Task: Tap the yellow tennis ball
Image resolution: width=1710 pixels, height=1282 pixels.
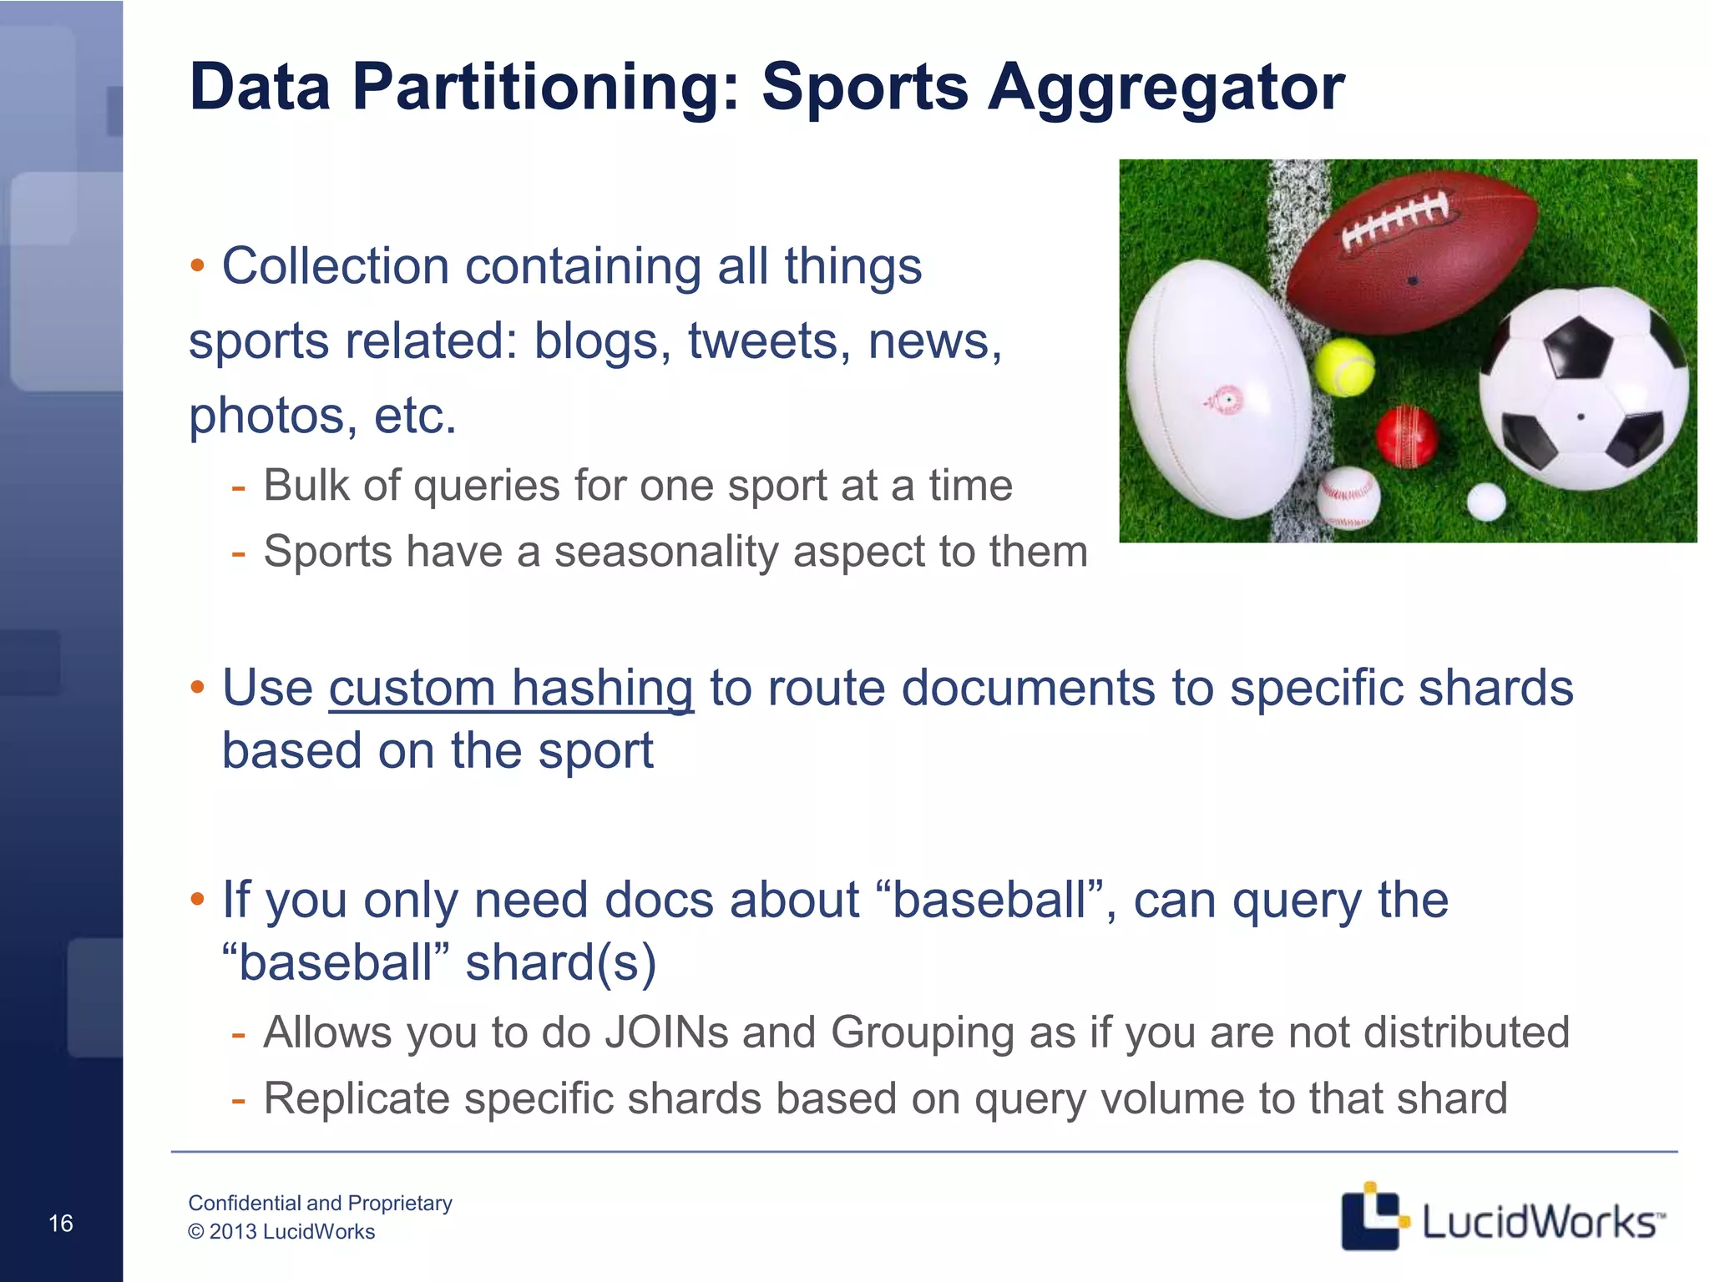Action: pos(1343,367)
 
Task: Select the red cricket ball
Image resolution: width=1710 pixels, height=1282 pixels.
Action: pos(1407,437)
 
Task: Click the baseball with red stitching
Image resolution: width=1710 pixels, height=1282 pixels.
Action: pos(1348,497)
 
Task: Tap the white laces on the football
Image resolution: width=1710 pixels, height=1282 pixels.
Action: pos(1396,219)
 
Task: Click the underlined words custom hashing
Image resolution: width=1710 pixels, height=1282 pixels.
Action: pos(511,689)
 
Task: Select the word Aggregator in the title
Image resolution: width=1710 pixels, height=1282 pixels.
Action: pos(1166,87)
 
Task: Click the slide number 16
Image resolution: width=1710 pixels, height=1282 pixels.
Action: pos(61,1224)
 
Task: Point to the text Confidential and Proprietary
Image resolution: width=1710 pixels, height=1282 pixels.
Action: pos(320,1203)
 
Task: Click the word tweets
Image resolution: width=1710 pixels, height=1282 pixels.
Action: pos(769,341)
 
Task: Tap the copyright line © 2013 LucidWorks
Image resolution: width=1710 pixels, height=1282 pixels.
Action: pos(281,1232)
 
